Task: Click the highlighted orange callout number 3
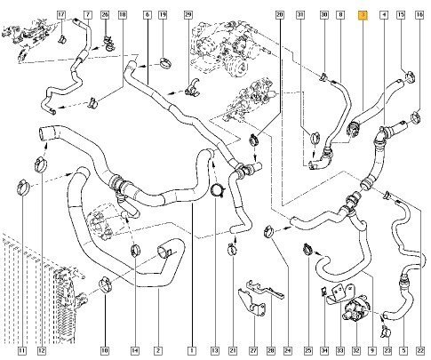(x=363, y=15)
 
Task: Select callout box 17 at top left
(x=61, y=15)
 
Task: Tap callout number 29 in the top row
(x=188, y=15)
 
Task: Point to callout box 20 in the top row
(x=280, y=15)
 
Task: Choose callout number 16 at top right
(x=419, y=15)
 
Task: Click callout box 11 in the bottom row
(x=21, y=351)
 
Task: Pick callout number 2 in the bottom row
(x=158, y=351)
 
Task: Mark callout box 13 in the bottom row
(x=215, y=351)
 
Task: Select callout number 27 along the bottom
(x=253, y=351)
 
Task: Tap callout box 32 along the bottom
(x=356, y=351)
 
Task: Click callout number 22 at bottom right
(x=420, y=351)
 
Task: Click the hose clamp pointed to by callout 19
(x=165, y=63)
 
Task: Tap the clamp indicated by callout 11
(x=23, y=188)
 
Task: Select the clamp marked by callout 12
(x=41, y=164)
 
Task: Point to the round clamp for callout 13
(x=218, y=190)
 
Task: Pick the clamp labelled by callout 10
(x=105, y=284)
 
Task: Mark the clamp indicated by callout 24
(x=269, y=231)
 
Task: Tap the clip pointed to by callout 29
(x=193, y=87)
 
